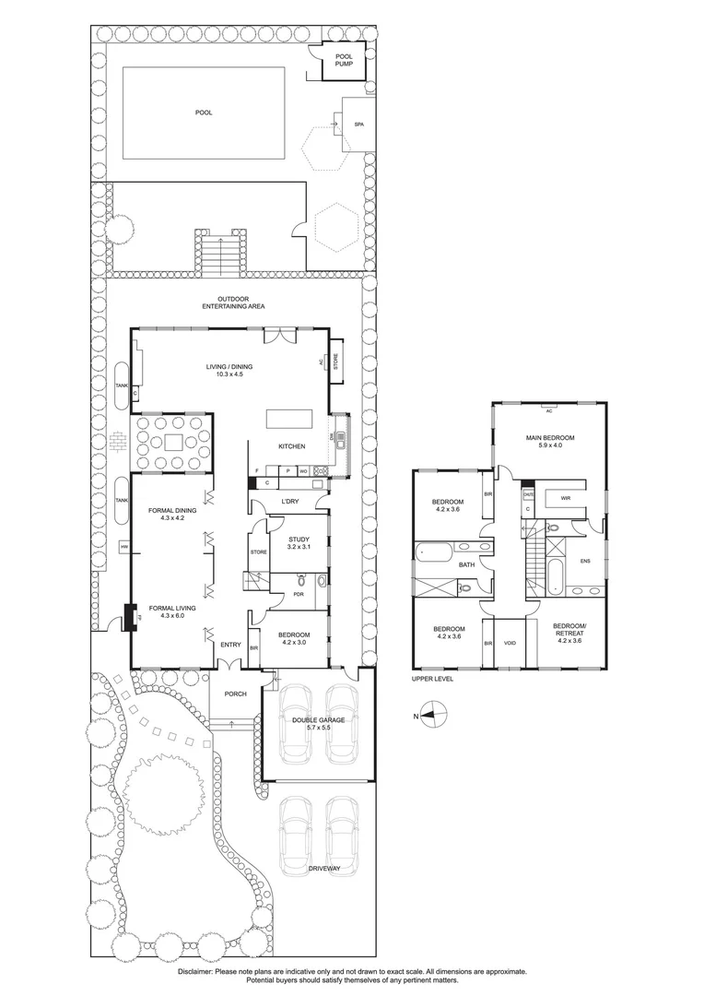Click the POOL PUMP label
(344, 61)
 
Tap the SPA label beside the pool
(359, 123)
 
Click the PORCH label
(235, 694)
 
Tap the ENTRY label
(229, 645)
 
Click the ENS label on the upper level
(584, 560)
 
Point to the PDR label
(298, 594)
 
